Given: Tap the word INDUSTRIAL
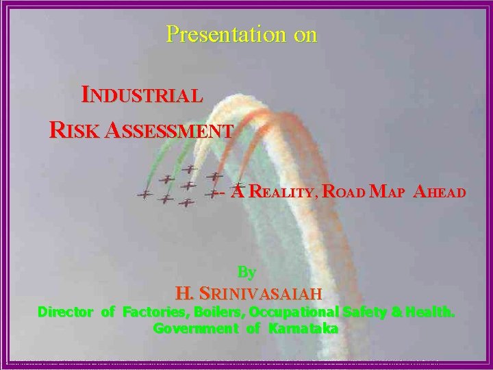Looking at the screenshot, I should [x=142, y=95].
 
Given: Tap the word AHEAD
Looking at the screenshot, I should [x=440, y=192].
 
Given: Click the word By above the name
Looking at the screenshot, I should [x=246, y=272].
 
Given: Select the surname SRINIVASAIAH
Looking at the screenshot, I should [x=260, y=294].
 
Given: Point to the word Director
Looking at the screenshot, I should [x=65, y=312].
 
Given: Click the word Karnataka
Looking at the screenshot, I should [x=303, y=328].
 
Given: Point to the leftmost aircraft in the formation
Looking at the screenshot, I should [x=144, y=195].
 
